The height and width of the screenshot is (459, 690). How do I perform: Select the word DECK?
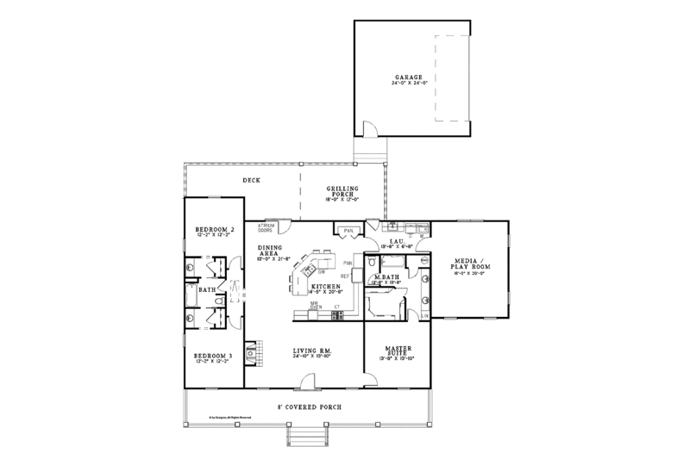(251, 180)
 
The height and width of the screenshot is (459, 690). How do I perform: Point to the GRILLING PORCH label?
(342, 190)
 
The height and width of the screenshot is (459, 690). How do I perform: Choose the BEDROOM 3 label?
(211, 356)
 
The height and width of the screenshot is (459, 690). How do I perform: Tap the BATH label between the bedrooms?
(207, 290)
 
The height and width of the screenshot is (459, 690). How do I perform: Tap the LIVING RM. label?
(313, 350)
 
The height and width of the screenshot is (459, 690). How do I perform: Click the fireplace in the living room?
(250, 352)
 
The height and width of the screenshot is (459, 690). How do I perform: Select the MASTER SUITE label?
(397, 350)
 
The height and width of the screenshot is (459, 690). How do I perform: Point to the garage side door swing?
(369, 129)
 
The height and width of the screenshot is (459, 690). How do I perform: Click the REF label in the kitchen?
(344, 276)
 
